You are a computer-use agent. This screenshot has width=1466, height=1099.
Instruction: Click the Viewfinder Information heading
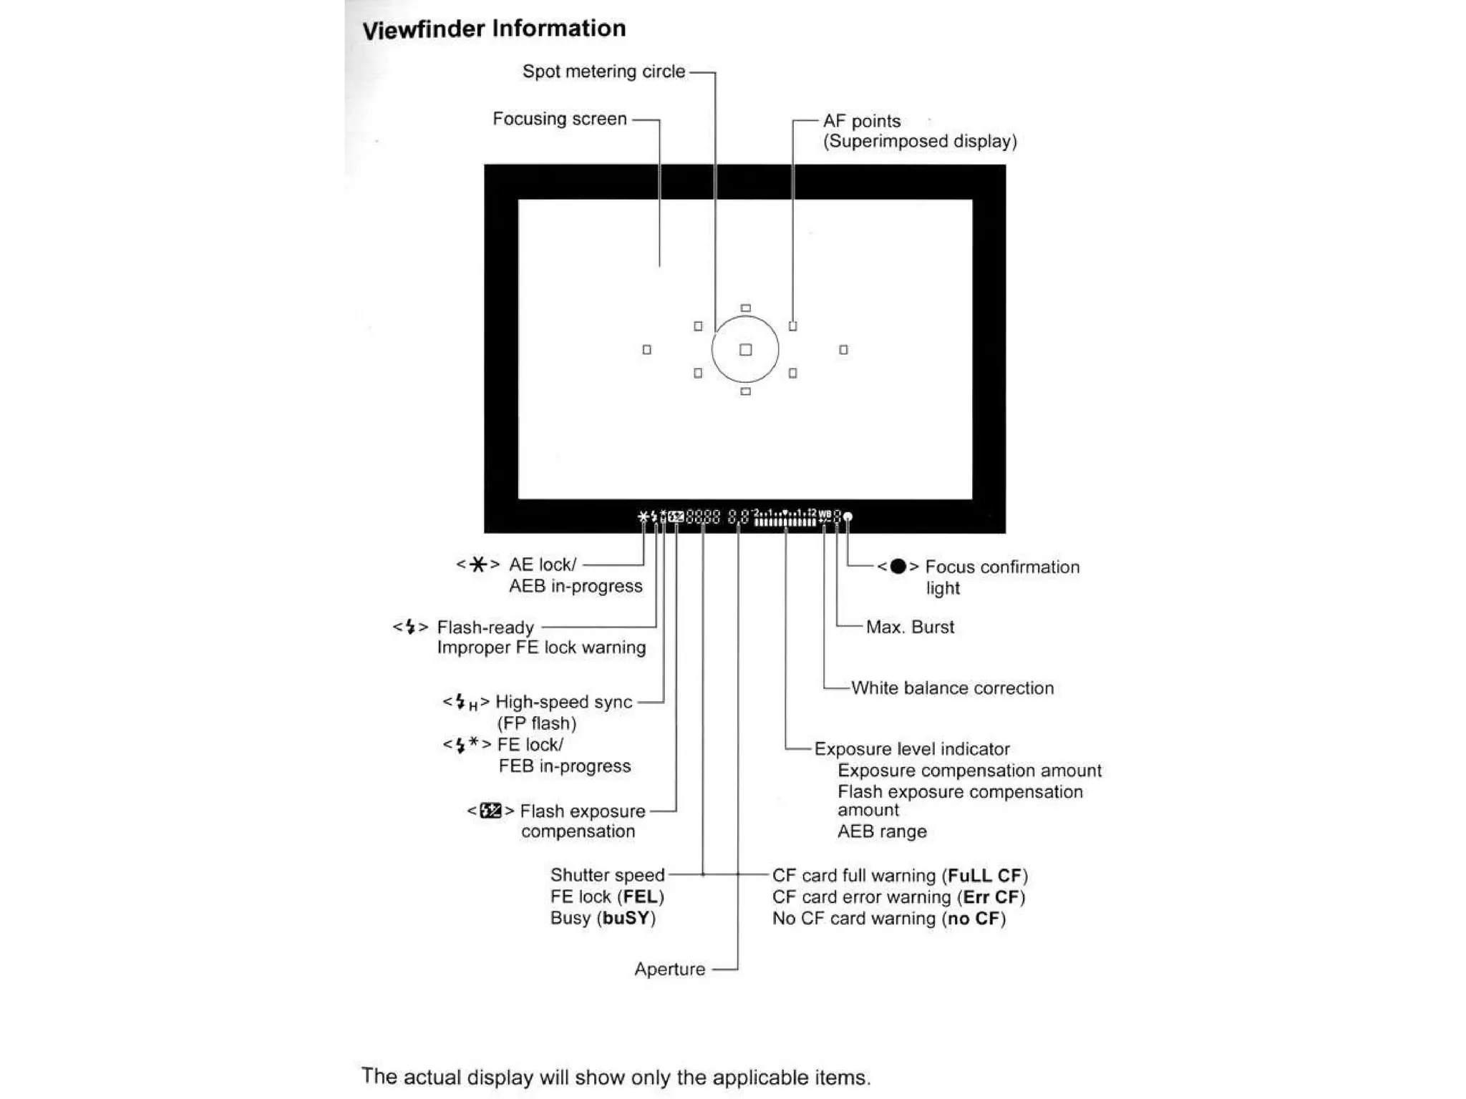coord(494,29)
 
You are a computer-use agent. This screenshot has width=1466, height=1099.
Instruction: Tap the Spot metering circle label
coord(603,72)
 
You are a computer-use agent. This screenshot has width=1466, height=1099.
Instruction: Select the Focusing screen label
coord(559,119)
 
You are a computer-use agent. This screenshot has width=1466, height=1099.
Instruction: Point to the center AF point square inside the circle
coord(745,350)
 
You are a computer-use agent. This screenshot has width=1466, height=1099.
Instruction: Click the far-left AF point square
coord(646,350)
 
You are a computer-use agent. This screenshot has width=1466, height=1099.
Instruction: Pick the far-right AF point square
coord(843,350)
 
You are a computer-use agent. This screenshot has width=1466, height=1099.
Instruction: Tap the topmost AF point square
coord(745,308)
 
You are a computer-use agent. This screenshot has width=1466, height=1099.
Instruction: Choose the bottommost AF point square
coord(745,391)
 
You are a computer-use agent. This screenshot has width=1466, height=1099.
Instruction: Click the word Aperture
coord(669,969)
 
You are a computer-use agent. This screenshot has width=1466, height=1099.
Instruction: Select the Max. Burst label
coord(910,627)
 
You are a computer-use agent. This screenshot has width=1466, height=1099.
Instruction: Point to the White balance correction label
coord(952,688)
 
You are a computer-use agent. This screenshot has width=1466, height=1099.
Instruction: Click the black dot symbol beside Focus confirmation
coord(898,567)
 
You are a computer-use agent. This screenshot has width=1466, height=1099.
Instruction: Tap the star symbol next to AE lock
coord(477,565)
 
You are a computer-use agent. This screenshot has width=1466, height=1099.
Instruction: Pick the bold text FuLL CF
coord(984,876)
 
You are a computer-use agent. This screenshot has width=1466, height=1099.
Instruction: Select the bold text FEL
coord(641,897)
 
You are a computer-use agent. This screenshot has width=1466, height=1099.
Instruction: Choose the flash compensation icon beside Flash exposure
coord(490,811)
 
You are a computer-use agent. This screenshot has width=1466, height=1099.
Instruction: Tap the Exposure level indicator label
coord(912,749)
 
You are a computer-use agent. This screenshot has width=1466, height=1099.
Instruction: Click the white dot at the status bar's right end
coord(848,517)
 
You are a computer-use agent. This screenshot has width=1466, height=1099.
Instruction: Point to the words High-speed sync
coord(563,702)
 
